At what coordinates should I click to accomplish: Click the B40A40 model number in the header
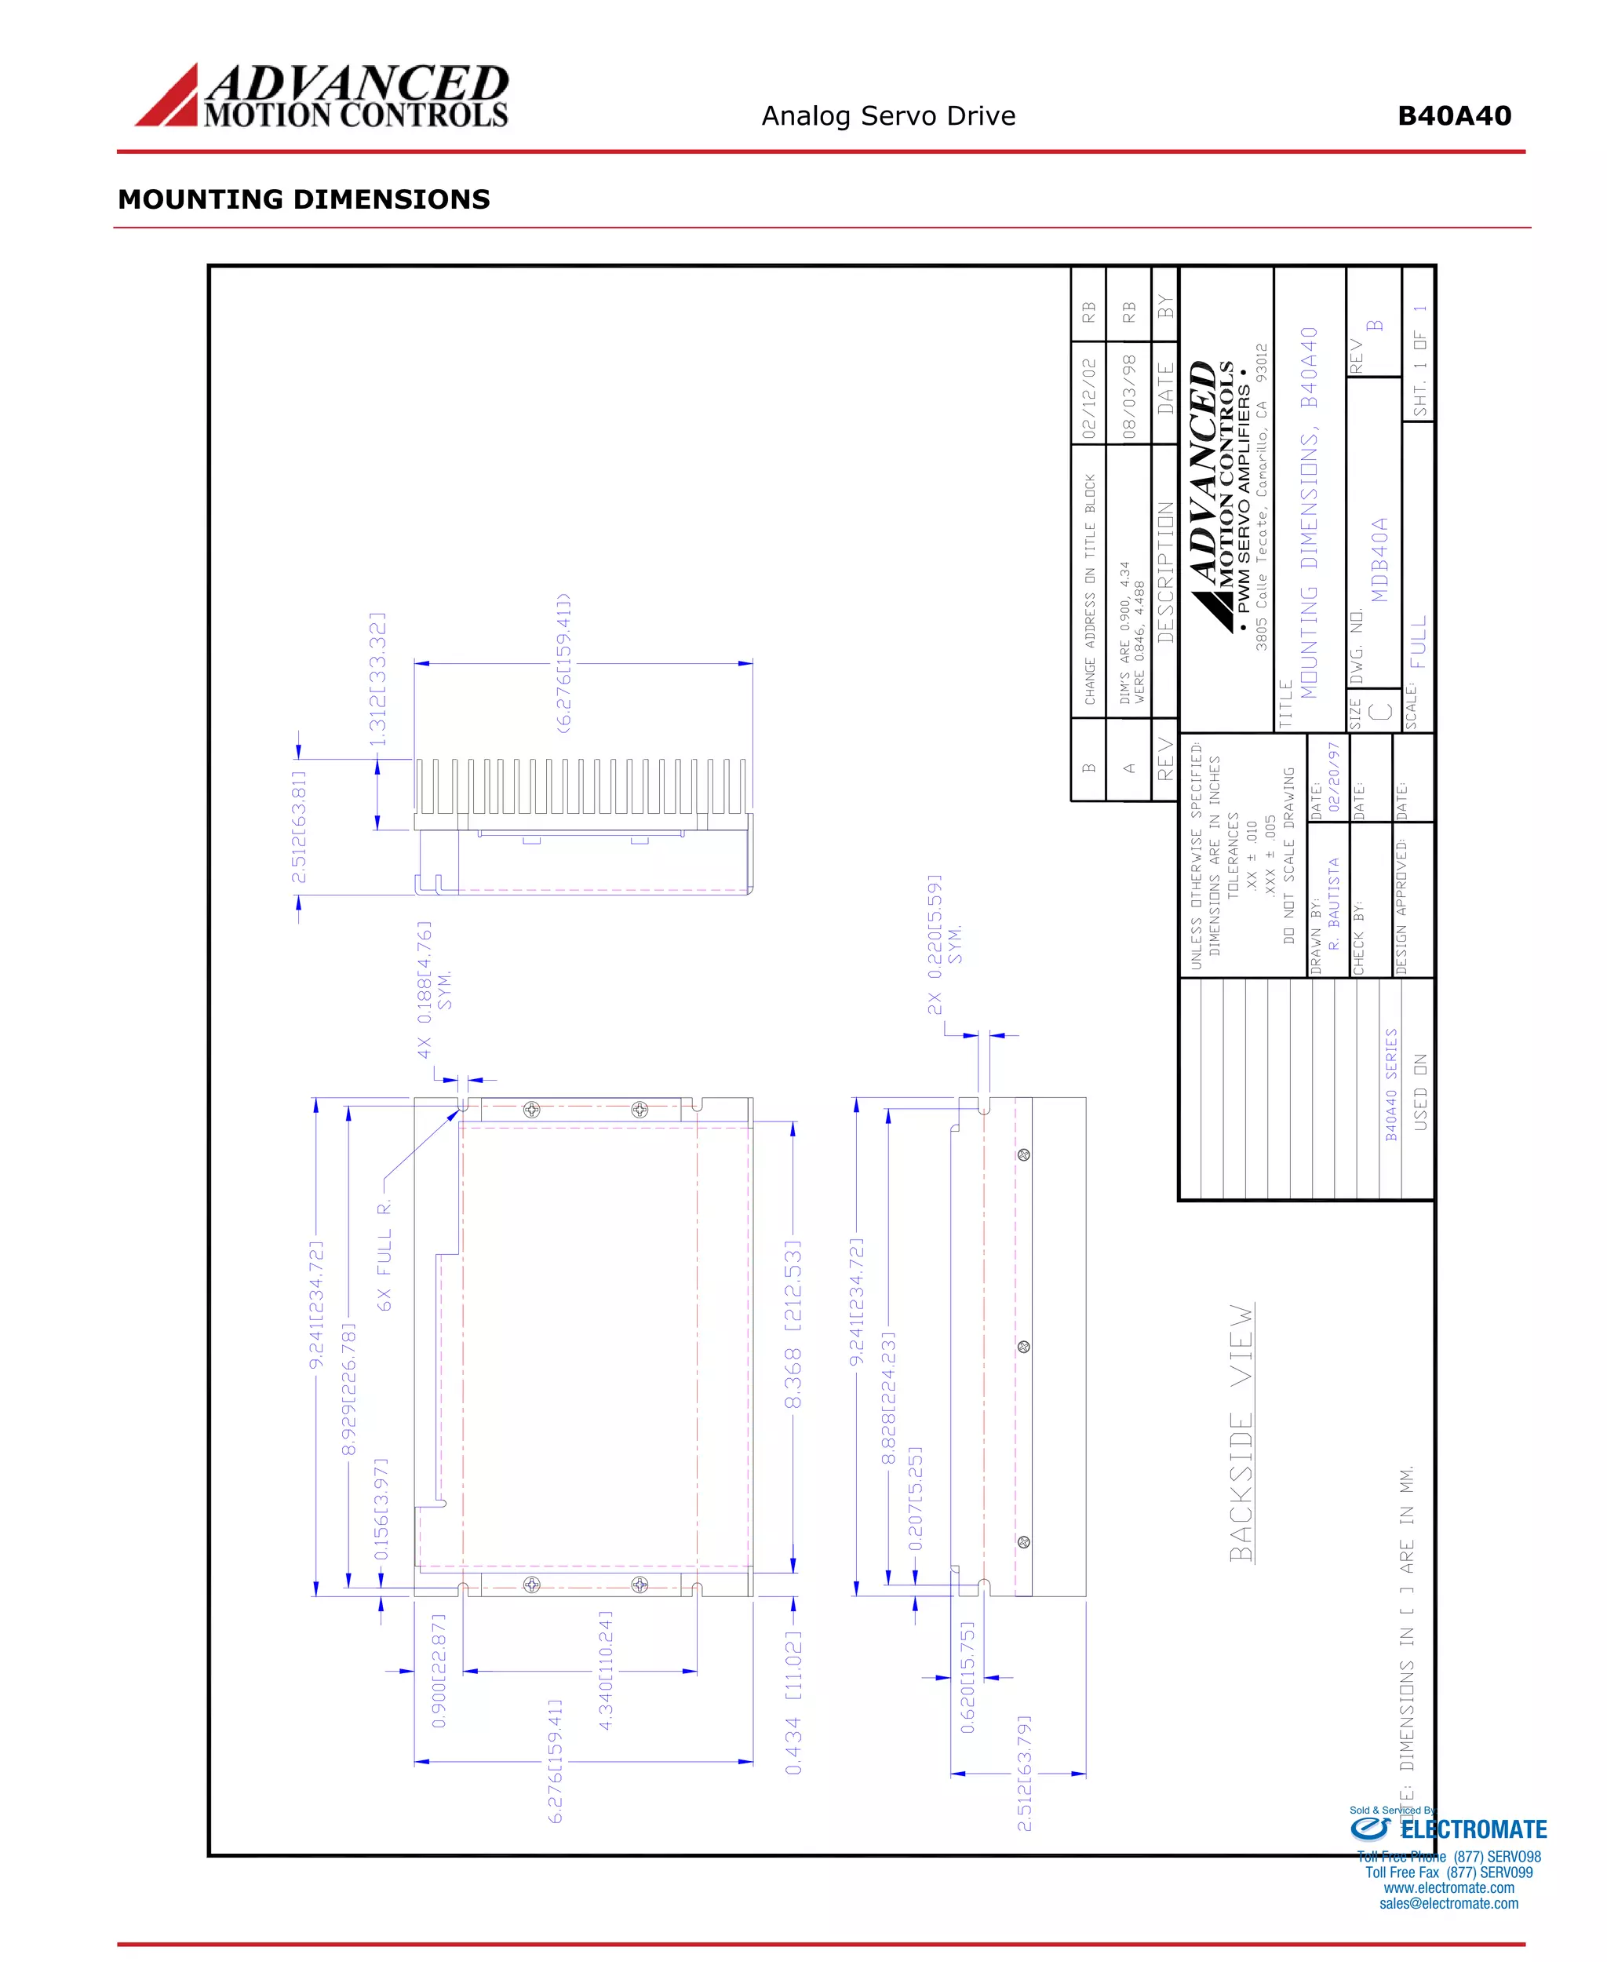pyautogui.click(x=1453, y=117)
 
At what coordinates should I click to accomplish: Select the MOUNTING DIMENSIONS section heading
pyautogui.click(x=304, y=199)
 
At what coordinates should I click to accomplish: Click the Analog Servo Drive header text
pyautogui.click(x=887, y=117)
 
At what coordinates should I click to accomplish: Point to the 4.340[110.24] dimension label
pyautogui.click(x=606, y=1669)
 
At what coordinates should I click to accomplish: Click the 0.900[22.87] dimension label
pyautogui.click(x=439, y=1669)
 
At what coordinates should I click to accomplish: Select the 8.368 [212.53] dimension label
pyautogui.click(x=793, y=1325)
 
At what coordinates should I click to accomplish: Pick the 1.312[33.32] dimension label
pyautogui.click(x=377, y=679)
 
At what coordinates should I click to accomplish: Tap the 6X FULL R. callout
pyautogui.click(x=385, y=1255)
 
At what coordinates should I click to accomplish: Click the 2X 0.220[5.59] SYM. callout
pyautogui.click(x=944, y=943)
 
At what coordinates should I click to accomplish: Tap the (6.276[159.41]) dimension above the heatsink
pyautogui.click(x=563, y=664)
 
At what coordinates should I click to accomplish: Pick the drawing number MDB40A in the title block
pyautogui.click(x=1379, y=560)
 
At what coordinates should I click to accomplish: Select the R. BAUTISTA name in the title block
pyautogui.click(x=1334, y=903)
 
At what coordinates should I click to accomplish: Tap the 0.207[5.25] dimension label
pyautogui.click(x=916, y=1498)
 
